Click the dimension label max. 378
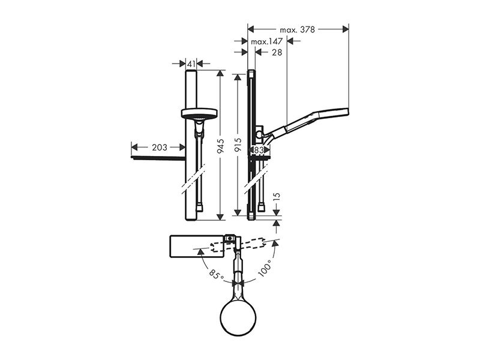coord(297,29)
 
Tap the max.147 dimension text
coord(266,41)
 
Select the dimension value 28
coord(277,53)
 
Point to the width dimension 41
coord(191,64)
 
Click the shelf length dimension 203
coord(160,148)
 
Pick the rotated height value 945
coord(220,146)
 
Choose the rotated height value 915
coord(238,145)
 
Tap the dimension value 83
coord(259,150)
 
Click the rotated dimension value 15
coord(276,197)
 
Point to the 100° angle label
coord(265,268)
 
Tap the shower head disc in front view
coord(199,113)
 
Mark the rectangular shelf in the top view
coord(197,247)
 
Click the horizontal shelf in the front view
coord(158,158)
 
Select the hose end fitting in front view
coord(200,208)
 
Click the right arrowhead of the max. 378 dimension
coord(346,29)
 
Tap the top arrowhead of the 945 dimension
coord(220,74)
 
